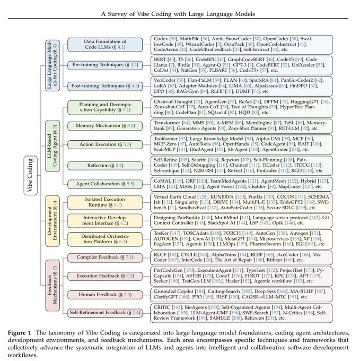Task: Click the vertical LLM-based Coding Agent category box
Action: click(x=54, y=143)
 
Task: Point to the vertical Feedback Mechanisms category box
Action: click(x=54, y=285)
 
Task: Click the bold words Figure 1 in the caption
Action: click(x=21, y=332)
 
